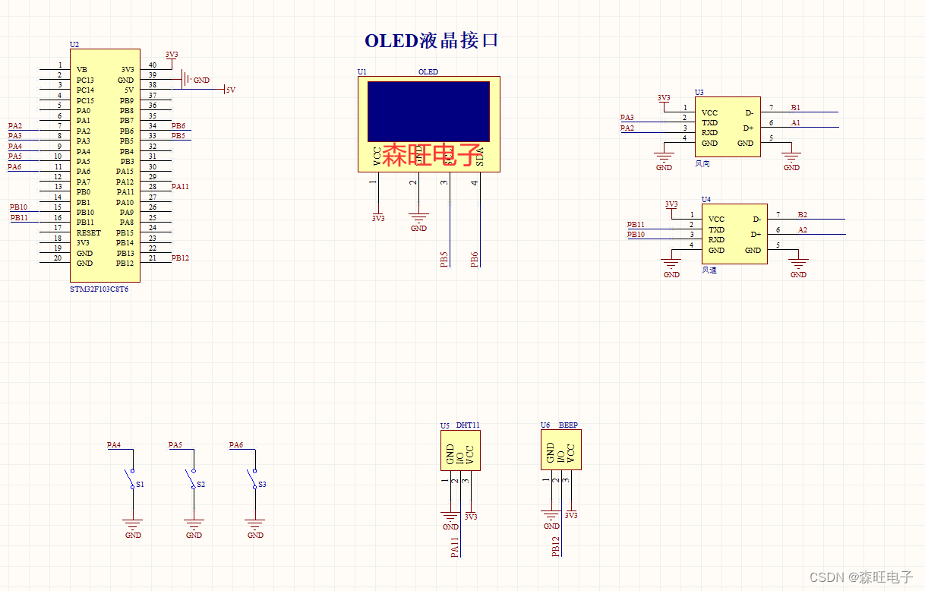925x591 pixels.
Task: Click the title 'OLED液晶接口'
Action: click(x=431, y=41)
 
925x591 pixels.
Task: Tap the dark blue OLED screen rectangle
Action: click(x=428, y=111)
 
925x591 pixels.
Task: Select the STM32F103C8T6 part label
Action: click(x=99, y=289)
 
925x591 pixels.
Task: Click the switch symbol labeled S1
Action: click(x=130, y=479)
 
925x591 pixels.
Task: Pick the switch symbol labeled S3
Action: click(x=253, y=479)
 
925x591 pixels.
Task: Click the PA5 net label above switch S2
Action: click(x=175, y=445)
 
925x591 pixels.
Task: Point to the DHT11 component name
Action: click(x=468, y=425)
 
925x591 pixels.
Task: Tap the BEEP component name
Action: click(x=568, y=425)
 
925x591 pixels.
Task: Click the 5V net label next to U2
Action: click(x=230, y=90)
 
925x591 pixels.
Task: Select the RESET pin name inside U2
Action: click(x=88, y=233)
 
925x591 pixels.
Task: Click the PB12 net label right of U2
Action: click(x=180, y=258)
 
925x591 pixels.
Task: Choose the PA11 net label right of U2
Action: click(x=180, y=186)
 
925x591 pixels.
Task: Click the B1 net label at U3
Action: click(x=795, y=108)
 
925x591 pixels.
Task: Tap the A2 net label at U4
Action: click(x=803, y=229)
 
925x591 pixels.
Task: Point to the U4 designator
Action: click(x=706, y=200)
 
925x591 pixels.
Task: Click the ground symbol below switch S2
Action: click(x=194, y=524)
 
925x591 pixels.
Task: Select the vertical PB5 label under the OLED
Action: click(x=444, y=258)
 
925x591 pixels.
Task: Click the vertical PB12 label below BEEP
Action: click(x=556, y=547)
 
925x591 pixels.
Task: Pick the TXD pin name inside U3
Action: click(x=709, y=123)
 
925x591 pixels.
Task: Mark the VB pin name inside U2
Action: click(x=82, y=70)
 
